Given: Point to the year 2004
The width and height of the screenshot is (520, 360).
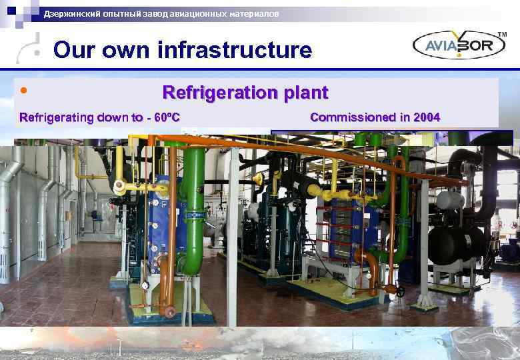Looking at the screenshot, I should (x=426, y=117).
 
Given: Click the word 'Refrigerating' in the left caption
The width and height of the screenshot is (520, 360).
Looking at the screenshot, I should (x=57, y=118).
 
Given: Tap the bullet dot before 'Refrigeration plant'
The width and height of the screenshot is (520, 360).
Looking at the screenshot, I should (x=24, y=89).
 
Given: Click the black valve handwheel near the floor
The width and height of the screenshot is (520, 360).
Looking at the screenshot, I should (x=400, y=291).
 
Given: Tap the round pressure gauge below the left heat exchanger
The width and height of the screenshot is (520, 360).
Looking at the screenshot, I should (x=144, y=285).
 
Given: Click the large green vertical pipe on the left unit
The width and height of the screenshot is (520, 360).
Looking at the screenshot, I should (x=195, y=200).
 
